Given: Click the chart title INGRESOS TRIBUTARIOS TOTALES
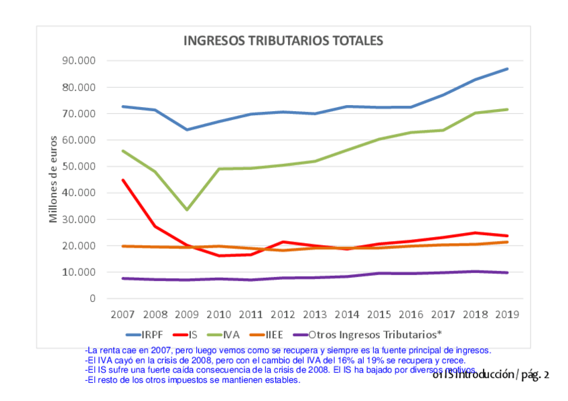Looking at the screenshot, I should [x=283, y=41].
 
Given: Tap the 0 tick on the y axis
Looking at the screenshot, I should [x=92, y=299].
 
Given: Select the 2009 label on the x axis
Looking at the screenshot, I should [x=187, y=314].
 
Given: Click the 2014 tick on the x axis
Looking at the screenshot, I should [x=347, y=314].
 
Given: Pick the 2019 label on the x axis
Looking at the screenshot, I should [x=507, y=314].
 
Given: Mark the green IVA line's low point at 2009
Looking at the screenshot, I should [x=187, y=210].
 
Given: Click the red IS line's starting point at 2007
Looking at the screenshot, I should [x=123, y=179].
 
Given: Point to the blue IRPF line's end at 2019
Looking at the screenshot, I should [x=507, y=69].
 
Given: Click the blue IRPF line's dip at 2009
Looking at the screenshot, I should [x=187, y=129].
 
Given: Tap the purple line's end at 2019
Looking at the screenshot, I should [x=507, y=272].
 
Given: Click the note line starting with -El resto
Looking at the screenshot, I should [x=193, y=380].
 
